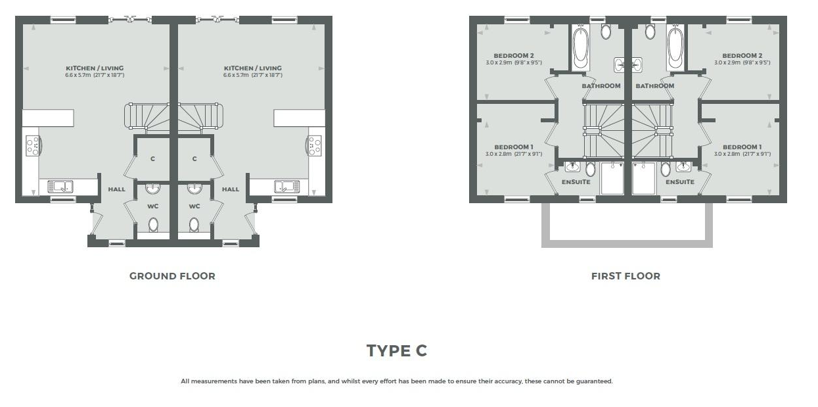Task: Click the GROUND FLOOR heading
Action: click(x=172, y=276)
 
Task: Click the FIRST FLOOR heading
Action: click(x=625, y=276)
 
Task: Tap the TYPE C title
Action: click(x=397, y=350)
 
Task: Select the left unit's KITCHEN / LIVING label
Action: click(x=95, y=68)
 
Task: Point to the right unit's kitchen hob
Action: click(x=314, y=145)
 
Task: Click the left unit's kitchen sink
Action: click(x=60, y=186)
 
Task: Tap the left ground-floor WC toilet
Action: click(x=153, y=225)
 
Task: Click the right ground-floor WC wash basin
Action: click(x=194, y=189)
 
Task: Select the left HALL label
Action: click(x=116, y=189)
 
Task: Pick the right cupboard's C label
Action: click(x=194, y=159)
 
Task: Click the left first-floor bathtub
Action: click(x=580, y=47)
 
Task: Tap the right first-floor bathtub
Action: click(x=675, y=47)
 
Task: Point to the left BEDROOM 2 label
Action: click(x=513, y=55)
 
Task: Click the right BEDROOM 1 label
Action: click(x=742, y=147)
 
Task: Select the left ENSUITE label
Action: click(x=576, y=182)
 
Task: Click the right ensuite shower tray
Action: click(x=644, y=178)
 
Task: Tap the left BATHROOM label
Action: click(x=601, y=86)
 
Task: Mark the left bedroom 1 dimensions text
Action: click(x=513, y=154)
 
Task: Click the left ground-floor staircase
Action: click(x=147, y=116)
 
